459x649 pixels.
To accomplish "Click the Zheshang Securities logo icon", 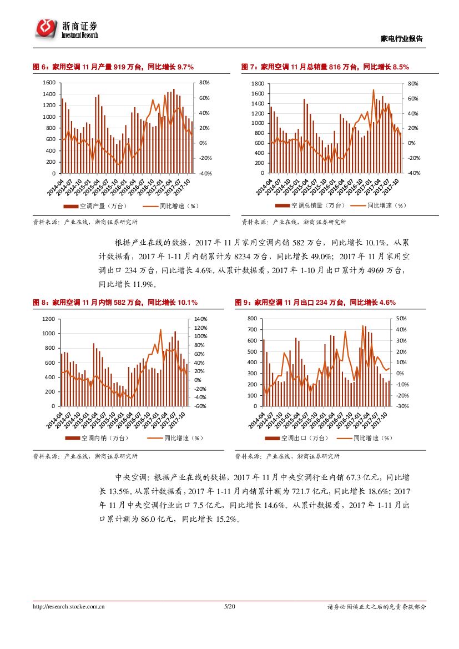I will [47, 28].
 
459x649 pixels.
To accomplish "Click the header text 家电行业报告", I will [402, 38].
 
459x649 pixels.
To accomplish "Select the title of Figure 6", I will [113, 67].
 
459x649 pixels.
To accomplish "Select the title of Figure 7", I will [325, 67].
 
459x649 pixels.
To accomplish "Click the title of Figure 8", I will [115, 303].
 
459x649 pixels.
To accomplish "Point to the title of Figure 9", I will [315, 303].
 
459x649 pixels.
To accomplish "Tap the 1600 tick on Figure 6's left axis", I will [49, 82].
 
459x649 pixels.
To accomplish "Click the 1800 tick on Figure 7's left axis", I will [257, 83].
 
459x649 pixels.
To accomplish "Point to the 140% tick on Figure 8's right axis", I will [200, 319].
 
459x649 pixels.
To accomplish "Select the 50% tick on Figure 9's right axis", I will [401, 318].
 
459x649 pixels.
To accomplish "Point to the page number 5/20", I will [229, 607].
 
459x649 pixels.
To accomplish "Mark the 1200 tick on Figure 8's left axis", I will [49, 319].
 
